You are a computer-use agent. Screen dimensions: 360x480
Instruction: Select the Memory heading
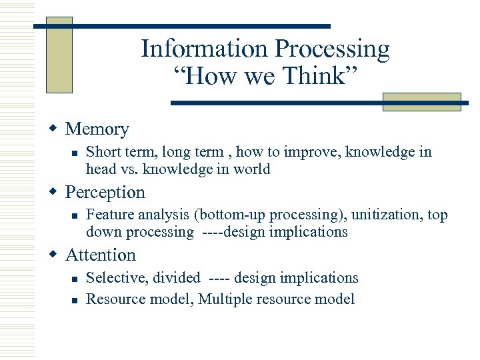[97, 129]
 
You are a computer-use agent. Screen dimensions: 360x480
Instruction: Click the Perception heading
[105, 193]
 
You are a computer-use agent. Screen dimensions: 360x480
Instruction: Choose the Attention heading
[100, 255]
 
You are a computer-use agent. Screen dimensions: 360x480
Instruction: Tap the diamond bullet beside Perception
[55, 192]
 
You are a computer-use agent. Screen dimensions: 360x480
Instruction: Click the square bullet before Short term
[75, 153]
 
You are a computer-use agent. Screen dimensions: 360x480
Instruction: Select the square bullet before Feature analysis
[75, 215]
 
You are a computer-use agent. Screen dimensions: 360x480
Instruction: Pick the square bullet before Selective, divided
[75, 278]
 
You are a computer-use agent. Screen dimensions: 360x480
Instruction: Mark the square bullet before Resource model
[75, 299]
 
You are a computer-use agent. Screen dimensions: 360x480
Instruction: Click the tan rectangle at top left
[59, 55]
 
